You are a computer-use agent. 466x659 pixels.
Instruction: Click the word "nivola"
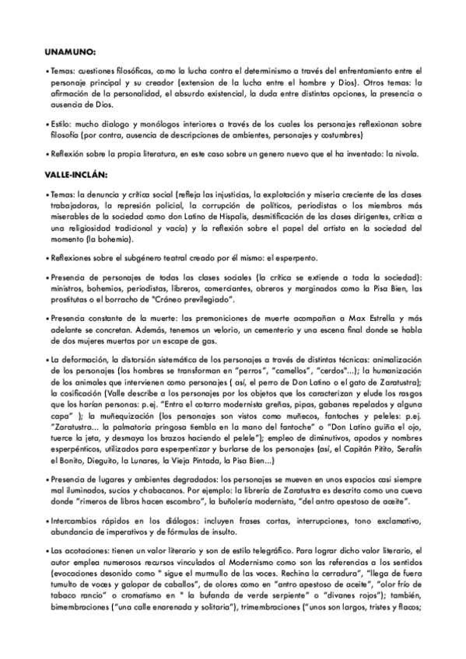404,154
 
